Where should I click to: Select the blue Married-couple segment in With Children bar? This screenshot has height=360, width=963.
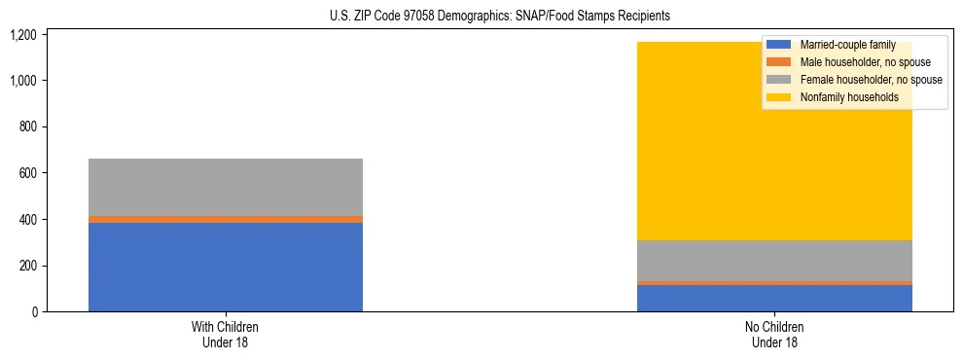coord(226,267)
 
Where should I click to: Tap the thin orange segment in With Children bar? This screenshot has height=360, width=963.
coord(226,220)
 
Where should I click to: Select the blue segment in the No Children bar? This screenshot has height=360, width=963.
coord(774,299)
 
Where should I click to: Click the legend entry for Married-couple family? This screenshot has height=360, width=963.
coord(847,45)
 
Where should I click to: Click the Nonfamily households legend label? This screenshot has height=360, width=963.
coord(849,97)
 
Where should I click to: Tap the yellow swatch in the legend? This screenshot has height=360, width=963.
coord(779,97)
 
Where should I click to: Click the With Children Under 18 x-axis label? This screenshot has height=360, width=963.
coord(226,335)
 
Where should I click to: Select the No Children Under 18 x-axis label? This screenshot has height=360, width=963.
coord(774,335)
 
